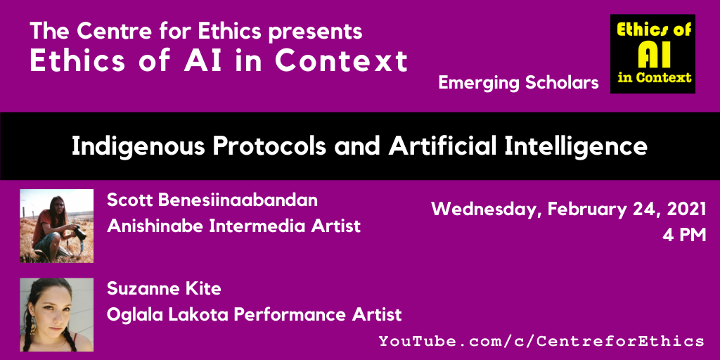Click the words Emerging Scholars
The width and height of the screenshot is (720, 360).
tap(518, 83)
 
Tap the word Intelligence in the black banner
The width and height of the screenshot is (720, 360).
tap(578, 146)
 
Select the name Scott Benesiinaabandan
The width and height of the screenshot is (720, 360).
tap(212, 200)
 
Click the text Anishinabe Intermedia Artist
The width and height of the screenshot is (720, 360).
tap(233, 226)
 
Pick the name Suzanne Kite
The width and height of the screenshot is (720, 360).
tap(164, 289)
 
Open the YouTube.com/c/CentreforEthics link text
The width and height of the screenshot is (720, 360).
tap(541, 341)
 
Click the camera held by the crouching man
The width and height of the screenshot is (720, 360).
tap(78, 233)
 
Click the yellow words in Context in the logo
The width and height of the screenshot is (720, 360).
tap(655, 77)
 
